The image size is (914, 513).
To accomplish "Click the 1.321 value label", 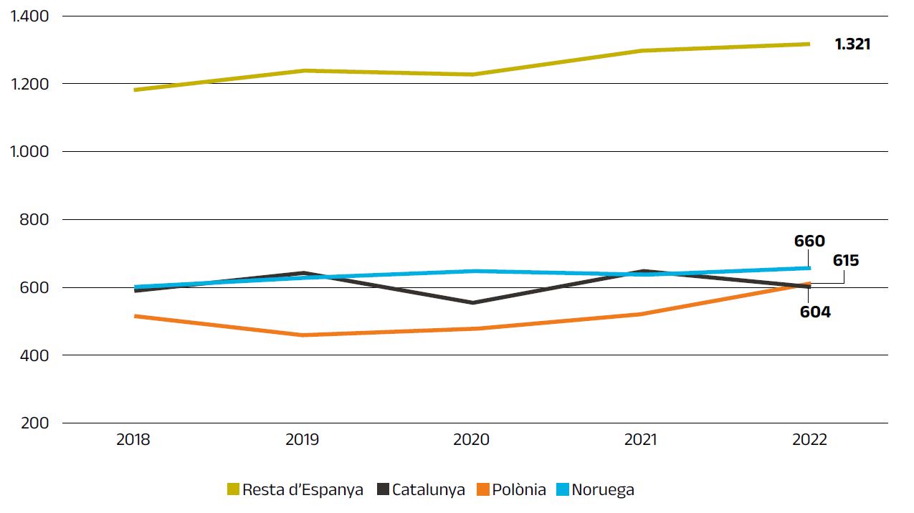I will click(x=852, y=44).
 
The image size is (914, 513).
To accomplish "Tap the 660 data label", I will click(x=809, y=241).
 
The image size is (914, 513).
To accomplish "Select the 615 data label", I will click(x=846, y=261).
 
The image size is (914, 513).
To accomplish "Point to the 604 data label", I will click(x=815, y=312).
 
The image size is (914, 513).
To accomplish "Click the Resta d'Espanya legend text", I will click(x=303, y=490).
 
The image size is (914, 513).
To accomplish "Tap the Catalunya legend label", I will click(x=429, y=490).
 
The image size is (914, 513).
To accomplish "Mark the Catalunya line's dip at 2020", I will click(x=472, y=302).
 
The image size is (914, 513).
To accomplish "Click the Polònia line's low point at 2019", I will click(x=303, y=335).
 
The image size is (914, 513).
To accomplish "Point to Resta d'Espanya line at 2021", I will click(x=641, y=51).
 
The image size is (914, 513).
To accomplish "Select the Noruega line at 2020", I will click(x=472, y=271).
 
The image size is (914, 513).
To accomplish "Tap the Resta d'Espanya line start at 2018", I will click(x=135, y=90).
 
